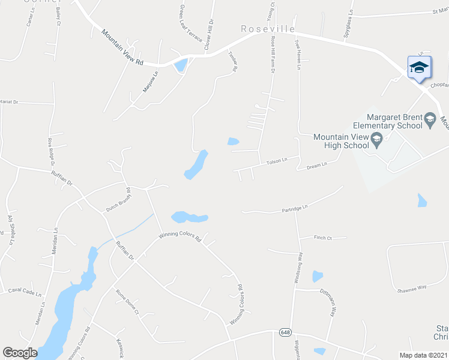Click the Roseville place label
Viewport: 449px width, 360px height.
[268, 29]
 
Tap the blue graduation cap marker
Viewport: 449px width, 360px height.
[419, 67]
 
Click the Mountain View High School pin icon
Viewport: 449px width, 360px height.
[376, 141]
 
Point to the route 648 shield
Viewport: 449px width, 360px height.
[285, 332]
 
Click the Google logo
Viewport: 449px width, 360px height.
[20, 353]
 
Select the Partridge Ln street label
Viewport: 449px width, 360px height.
[295, 209]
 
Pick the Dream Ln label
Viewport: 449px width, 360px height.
[316, 164]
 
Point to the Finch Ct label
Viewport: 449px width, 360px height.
[322, 238]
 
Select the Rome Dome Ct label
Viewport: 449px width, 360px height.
[127, 303]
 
